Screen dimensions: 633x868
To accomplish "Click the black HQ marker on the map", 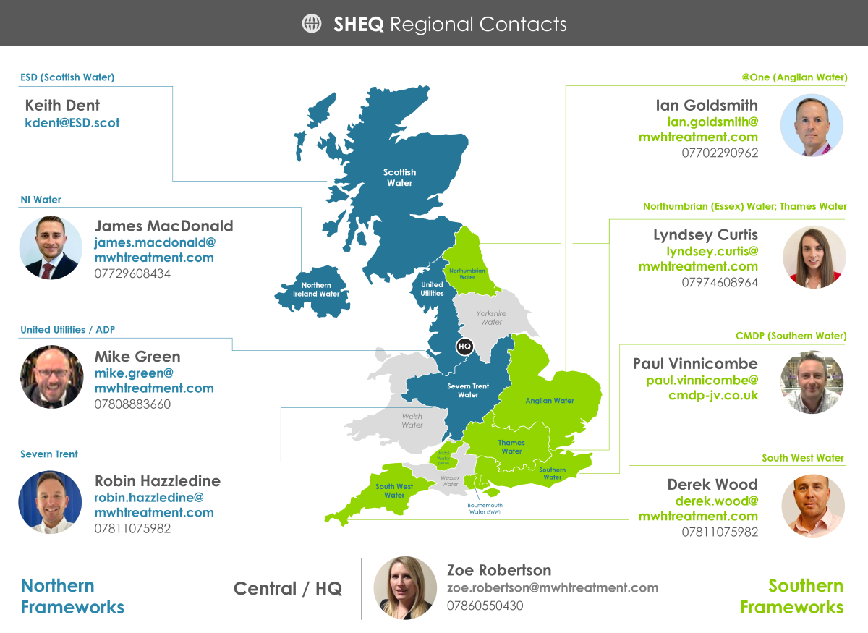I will tap(464, 347).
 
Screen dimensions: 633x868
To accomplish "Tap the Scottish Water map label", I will tap(399, 177).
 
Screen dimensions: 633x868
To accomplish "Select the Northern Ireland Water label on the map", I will tap(316, 289).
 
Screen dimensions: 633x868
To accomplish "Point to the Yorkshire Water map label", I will tap(491, 318).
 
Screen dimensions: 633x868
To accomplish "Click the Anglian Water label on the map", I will tap(550, 401).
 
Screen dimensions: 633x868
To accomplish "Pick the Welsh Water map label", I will tap(412, 420).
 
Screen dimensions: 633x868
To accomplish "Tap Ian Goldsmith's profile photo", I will tap(812, 125).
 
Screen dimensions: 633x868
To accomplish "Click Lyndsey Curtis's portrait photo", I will tap(814, 257).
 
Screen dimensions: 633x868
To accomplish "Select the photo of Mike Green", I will tap(51, 377).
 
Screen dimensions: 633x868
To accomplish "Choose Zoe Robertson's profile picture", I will tap(405, 587).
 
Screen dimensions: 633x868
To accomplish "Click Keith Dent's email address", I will tap(72, 123).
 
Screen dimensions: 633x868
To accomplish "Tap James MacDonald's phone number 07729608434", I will tap(132, 273).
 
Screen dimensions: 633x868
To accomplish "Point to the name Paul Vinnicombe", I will tap(695, 363).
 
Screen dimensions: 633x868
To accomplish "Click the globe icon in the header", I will tap(312, 24).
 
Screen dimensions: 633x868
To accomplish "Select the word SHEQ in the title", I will tap(358, 25).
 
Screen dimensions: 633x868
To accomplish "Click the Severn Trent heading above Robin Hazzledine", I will tap(49, 454).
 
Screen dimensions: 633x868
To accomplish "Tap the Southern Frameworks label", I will tap(791, 596).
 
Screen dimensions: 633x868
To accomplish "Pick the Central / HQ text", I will tap(288, 589).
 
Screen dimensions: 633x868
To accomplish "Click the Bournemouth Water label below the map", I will tap(485, 508).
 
